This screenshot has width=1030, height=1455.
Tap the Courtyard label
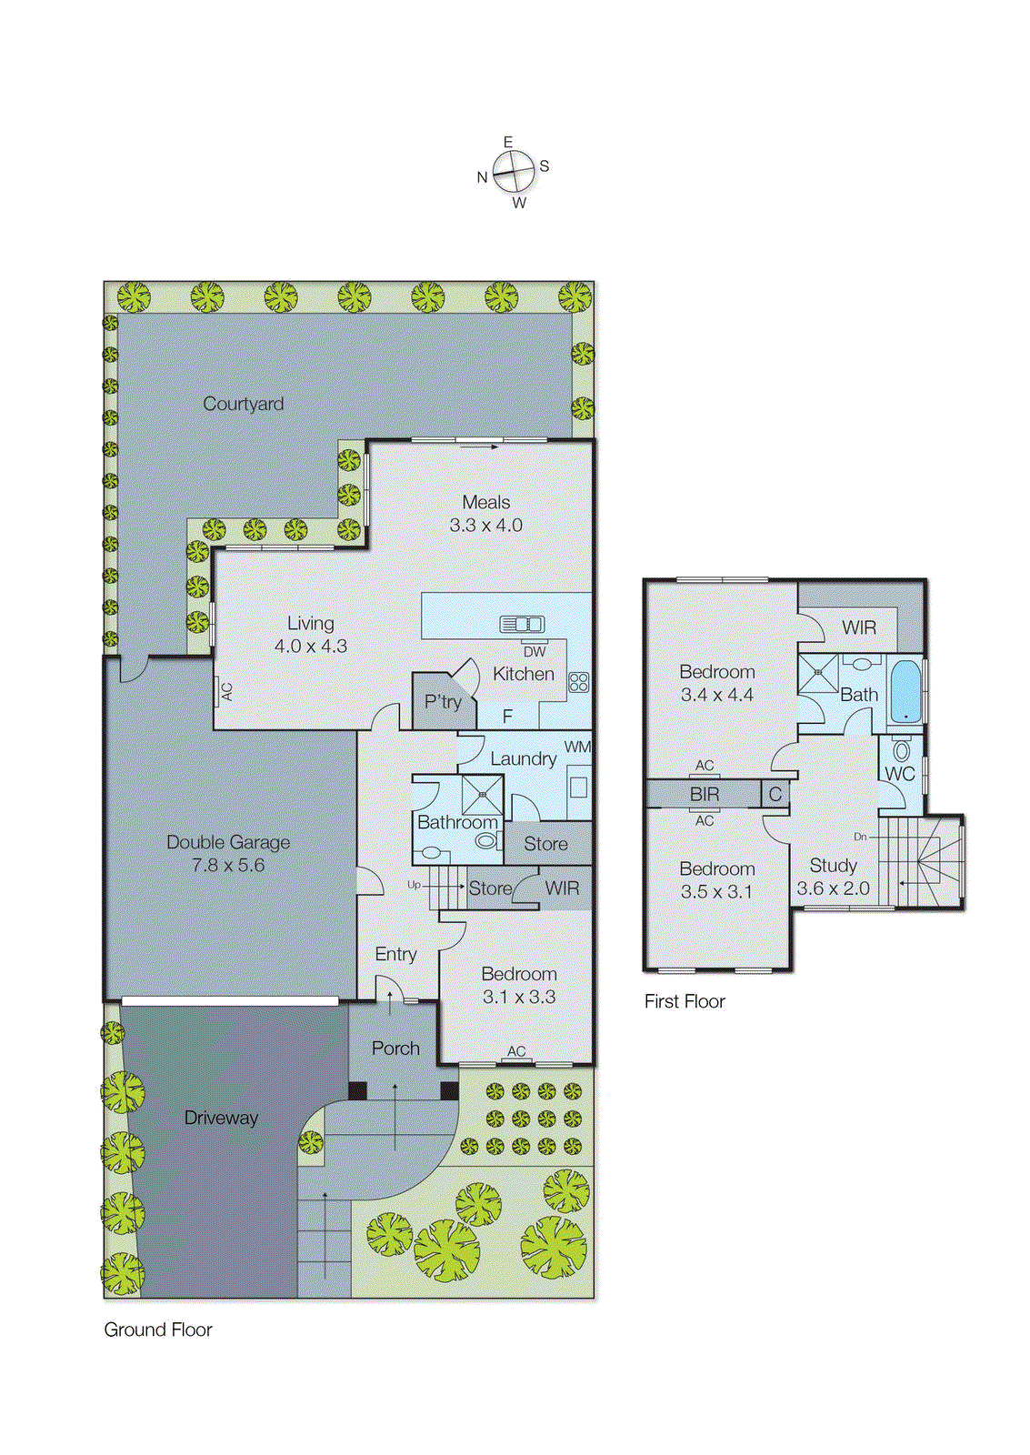point(243,404)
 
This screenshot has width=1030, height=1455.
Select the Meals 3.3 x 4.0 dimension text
point(485,526)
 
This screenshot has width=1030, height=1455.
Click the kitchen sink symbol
point(522,624)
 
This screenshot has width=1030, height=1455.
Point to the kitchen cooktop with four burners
point(578,682)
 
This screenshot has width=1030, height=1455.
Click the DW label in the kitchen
point(535,651)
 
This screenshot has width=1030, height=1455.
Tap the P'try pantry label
point(443,702)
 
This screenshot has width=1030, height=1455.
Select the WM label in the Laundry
point(577,747)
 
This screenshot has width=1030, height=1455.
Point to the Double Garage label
point(228,842)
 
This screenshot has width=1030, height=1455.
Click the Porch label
point(395,1049)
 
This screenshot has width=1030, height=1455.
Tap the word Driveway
point(221,1118)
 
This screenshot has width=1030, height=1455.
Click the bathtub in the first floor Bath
point(905,691)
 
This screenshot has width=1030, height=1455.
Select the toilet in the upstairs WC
point(901,751)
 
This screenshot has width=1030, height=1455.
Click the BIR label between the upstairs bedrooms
point(705,794)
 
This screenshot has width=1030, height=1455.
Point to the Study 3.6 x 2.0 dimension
point(833,888)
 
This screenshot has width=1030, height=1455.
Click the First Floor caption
point(685,1001)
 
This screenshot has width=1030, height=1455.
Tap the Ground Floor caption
point(158,1330)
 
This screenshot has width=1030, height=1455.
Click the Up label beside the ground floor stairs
point(414,885)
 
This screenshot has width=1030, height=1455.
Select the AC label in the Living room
point(226,692)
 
